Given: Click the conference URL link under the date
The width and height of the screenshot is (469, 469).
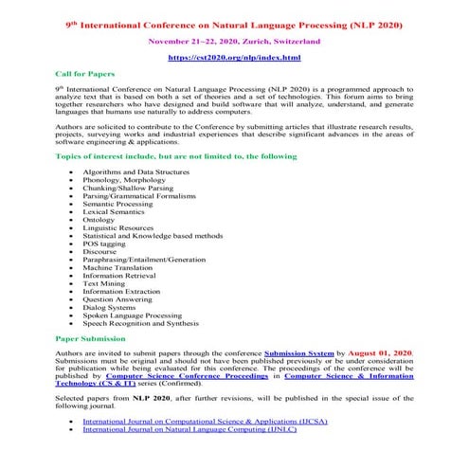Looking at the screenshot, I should (x=234, y=59).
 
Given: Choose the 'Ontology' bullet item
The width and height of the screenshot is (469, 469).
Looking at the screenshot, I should (x=99, y=219).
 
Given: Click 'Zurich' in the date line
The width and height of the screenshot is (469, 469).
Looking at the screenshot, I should (x=244, y=42).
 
